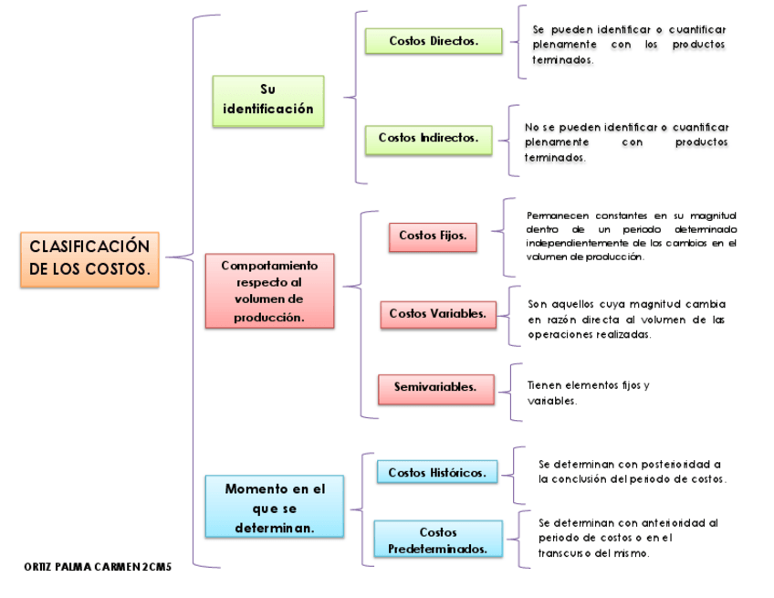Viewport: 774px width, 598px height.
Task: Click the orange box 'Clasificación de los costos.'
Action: (89, 259)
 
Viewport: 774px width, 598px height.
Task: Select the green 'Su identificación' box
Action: (267, 100)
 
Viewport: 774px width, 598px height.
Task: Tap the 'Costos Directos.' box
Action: (434, 41)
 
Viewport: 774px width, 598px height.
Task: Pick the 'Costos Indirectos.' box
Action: (428, 139)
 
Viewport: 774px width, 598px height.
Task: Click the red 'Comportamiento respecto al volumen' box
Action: (269, 291)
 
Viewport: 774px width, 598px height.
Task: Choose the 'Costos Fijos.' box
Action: (433, 236)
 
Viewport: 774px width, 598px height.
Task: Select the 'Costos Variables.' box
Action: (437, 314)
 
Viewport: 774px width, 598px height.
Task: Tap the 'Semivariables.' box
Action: (435, 388)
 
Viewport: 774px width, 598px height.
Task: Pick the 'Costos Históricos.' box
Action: (437, 472)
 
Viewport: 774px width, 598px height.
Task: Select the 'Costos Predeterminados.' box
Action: (438, 540)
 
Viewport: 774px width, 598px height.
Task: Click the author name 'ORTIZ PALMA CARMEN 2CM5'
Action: (98, 567)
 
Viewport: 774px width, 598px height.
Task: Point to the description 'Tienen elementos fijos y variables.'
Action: (589, 393)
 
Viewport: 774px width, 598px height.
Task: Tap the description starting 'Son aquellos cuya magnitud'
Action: (627, 320)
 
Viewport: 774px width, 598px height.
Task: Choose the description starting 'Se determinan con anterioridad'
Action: (628, 538)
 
